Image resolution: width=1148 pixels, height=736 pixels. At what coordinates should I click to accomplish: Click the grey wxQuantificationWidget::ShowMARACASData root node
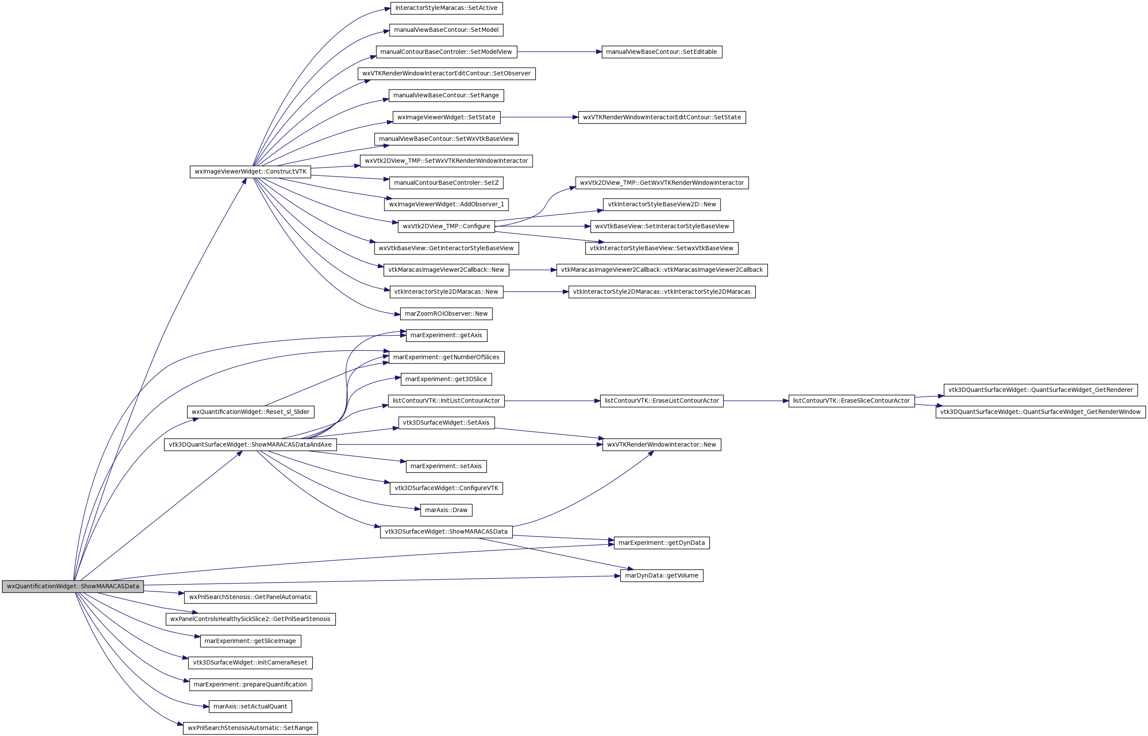point(73,587)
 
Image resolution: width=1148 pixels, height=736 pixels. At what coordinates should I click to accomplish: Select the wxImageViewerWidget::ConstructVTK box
point(250,171)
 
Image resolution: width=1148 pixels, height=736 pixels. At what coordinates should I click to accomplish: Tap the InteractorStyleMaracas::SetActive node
point(446,8)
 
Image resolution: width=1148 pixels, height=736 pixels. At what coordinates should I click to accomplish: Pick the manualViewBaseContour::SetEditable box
point(661,52)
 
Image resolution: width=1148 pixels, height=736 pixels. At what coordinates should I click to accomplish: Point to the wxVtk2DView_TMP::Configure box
point(446,226)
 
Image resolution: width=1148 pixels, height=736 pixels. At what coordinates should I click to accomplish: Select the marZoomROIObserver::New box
point(446,314)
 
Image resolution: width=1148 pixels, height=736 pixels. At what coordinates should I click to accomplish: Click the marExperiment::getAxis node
point(446,335)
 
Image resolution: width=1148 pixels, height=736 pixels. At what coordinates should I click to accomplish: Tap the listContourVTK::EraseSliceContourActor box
point(851,401)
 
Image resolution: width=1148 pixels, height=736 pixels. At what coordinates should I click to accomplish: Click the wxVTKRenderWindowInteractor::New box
point(661,444)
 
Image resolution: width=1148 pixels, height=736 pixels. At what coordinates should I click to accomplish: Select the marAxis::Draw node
point(446,510)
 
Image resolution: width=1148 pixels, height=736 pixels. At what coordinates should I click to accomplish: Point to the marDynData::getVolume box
point(661,575)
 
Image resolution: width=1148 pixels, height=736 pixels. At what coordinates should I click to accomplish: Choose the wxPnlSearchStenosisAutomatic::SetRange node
point(250,728)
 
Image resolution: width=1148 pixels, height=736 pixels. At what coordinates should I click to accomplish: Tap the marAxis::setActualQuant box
point(250,706)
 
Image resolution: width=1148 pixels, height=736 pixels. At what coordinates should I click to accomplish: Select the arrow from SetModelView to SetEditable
point(559,52)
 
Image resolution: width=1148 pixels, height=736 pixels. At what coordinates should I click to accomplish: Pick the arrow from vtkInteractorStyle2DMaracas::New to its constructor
point(536,292)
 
